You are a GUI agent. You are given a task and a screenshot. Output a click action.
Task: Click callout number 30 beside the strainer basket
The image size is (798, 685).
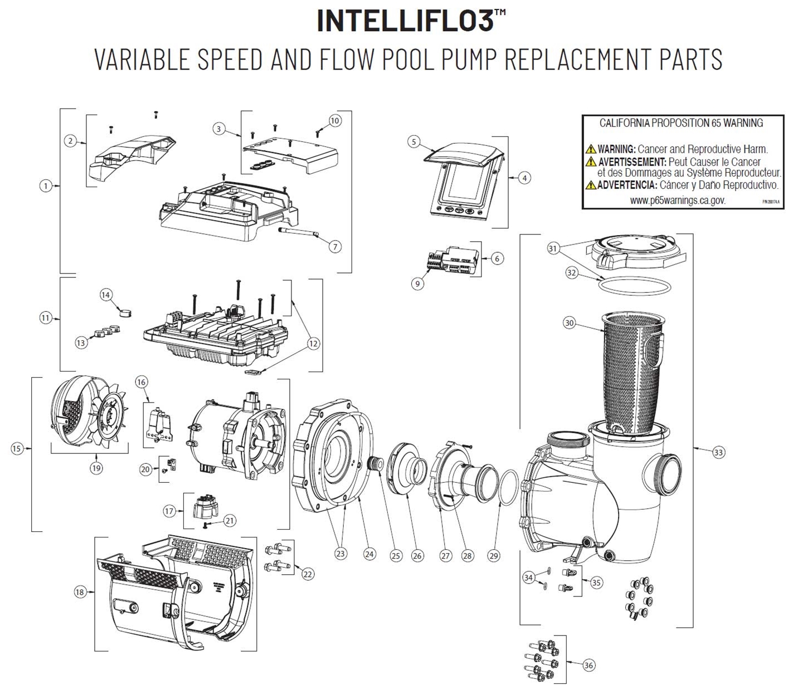tap(569, 323)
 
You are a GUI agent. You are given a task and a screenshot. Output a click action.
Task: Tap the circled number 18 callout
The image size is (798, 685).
tap(80, 592)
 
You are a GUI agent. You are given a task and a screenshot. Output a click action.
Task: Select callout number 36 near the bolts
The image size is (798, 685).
tap(589, 665)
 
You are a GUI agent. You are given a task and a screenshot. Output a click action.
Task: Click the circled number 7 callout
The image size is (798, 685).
tap(334, 246)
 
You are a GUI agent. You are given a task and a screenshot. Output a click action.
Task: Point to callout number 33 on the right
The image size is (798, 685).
tap(718, 453)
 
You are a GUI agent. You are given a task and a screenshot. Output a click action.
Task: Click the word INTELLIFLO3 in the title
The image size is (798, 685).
tap(405, 20)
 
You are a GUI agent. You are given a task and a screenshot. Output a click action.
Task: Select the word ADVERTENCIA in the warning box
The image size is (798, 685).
tap(626, 185)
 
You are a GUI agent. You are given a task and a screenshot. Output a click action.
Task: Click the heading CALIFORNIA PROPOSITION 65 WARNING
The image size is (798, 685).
tap(681, 123)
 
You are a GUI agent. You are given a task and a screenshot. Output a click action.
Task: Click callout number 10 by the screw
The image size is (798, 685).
tap(334, 120)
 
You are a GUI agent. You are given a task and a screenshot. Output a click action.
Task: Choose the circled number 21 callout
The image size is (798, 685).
tap(229, 521)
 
